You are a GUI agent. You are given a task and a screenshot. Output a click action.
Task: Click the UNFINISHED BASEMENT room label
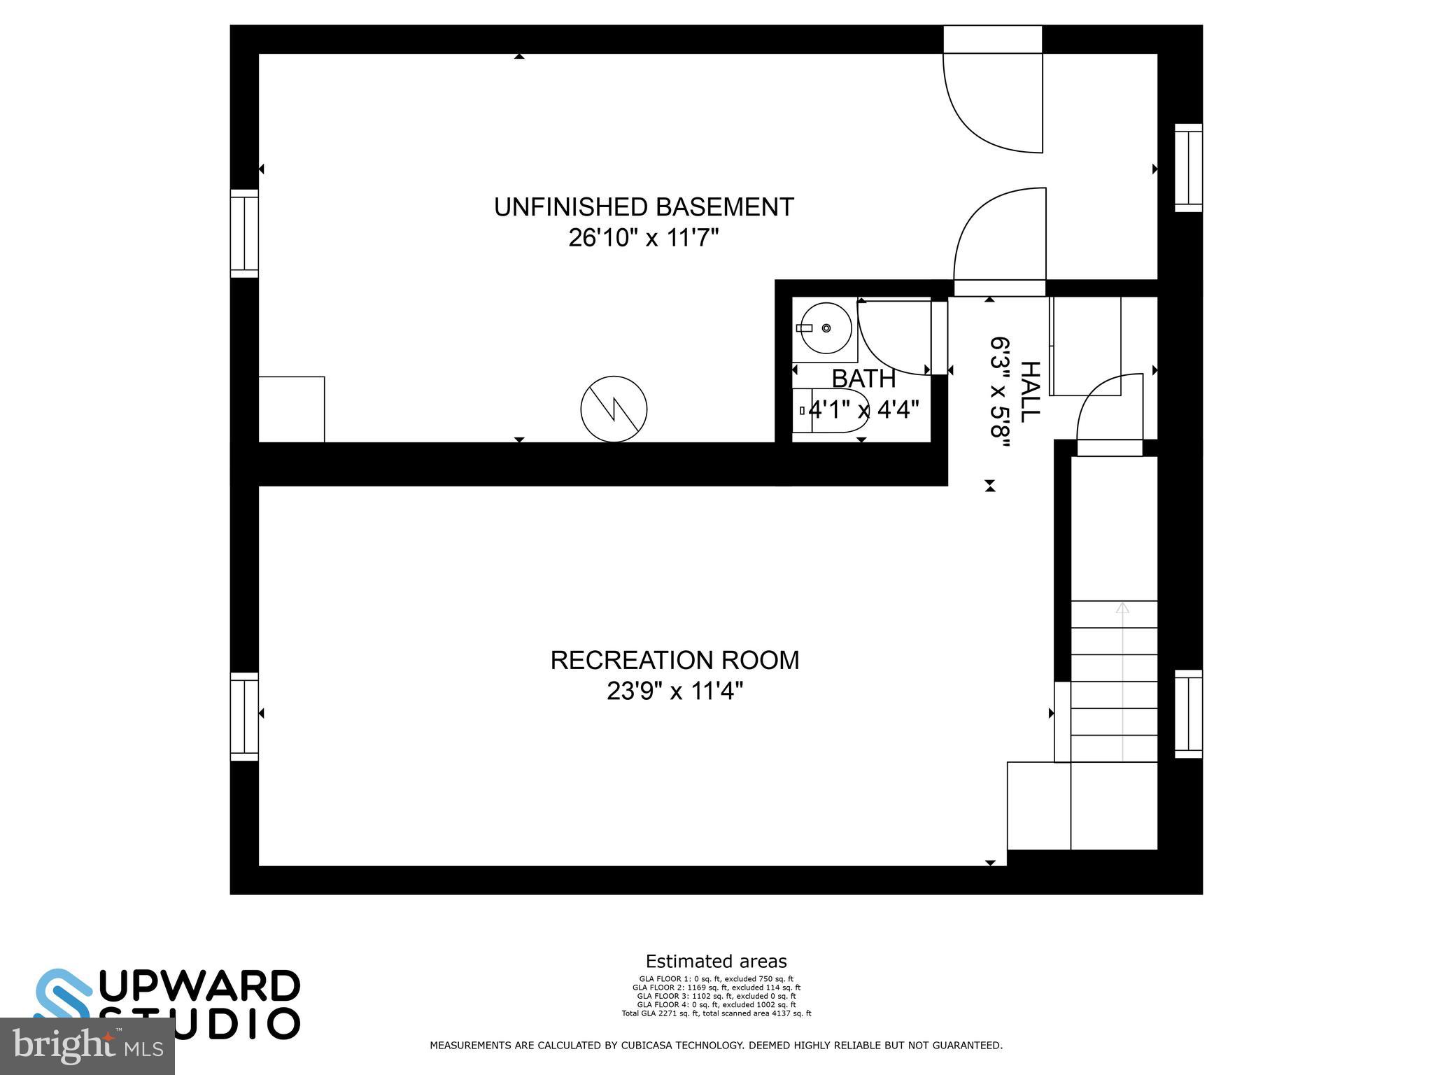644,207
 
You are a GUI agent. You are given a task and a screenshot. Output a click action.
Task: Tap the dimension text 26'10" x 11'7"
644,239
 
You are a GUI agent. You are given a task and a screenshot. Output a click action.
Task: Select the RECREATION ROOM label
675,660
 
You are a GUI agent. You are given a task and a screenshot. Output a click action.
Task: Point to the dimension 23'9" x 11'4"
675,691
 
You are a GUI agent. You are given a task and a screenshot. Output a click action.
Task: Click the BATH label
863,379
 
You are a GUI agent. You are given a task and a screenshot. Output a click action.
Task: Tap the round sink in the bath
826,328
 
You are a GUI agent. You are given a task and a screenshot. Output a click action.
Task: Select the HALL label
1029,391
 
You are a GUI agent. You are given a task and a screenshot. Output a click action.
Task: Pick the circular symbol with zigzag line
614,409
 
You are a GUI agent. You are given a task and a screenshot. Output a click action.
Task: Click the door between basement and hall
1001,238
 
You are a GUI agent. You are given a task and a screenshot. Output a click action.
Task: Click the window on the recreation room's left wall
244,717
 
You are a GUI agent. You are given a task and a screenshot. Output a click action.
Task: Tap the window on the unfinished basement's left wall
244,233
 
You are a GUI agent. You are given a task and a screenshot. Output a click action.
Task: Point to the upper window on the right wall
1188,168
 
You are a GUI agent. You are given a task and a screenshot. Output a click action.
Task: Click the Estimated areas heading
716,961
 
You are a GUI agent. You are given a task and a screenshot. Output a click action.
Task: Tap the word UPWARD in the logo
199,987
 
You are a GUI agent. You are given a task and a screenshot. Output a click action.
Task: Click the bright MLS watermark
87,1046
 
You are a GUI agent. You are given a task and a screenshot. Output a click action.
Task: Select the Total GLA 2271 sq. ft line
716,1013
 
